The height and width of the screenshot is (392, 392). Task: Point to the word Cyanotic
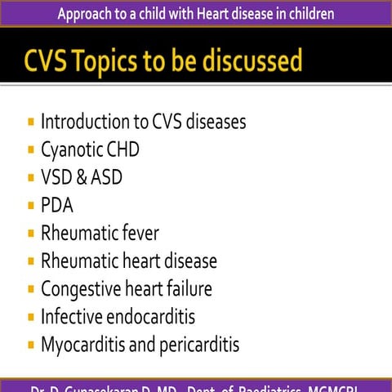[x=72, y=150]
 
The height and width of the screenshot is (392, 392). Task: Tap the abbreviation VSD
[x=57, y=178]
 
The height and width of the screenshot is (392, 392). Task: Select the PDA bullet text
[x=57, y=206]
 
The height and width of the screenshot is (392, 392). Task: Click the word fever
[x=136, y=234]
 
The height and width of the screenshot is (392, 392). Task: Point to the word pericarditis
[x=200, y=345]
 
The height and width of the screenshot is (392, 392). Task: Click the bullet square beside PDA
[x=31, y=206]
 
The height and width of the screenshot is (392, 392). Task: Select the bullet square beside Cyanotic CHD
[x=31, y=150]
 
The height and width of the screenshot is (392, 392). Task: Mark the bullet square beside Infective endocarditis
[x=31, y=317]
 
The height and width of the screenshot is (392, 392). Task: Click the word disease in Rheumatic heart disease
[x=189, y=261]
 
